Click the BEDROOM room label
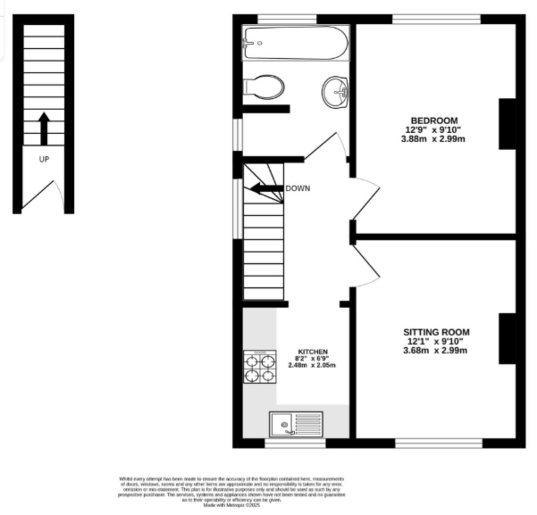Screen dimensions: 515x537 (x=434, y=120)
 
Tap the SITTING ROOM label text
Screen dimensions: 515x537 (x=436, y=332)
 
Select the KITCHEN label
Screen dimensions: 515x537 (x=313, y=352)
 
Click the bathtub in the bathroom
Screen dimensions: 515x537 (x=295, y=43)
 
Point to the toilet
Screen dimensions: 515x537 (x=264, y=87)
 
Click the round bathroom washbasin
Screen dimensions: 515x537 (x=335, y=92)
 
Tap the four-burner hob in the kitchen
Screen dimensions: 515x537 (x=260, y=367)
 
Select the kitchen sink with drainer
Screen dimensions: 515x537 (x=296, y=424)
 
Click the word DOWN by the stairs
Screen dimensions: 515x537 (x=298, y=188)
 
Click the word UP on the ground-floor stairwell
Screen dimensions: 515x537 (x=44, y=159)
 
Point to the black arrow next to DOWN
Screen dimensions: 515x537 (x=267, y=188)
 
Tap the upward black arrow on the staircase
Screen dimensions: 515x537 (x=44, y=128)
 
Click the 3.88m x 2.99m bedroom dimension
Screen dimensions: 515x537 (x=433, y=139)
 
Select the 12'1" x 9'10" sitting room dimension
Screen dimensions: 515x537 (x=435, y=342)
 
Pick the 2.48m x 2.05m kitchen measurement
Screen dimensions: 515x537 (x=312, y=365)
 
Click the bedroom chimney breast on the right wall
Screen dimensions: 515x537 (x=507, y=124)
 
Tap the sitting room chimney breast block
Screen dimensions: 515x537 (x=507, y=338)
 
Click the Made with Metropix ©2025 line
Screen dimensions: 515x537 (x=231, y=505)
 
